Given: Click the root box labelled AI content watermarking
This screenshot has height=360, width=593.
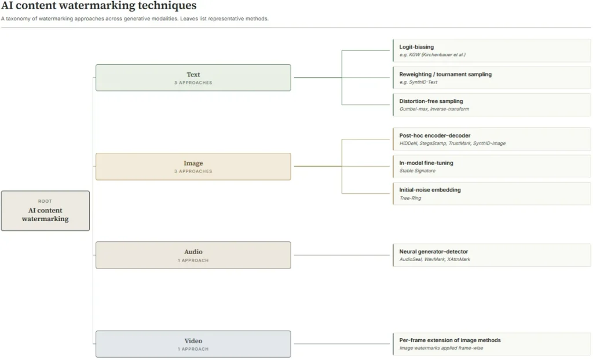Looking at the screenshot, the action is pos(45,211).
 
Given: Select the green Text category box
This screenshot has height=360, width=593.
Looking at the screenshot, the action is pos(193,78).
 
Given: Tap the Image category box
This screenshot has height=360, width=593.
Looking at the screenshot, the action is pos(193,166).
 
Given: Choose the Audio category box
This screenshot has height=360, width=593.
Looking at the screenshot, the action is pos(193,255).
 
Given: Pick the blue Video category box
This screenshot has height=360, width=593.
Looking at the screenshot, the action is pos(193,344).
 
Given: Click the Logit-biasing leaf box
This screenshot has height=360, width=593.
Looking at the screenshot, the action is pos(492,50).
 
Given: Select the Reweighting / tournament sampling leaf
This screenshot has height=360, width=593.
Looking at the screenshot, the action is pos(492,78).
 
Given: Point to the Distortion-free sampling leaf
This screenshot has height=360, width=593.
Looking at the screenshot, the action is pos(492,105).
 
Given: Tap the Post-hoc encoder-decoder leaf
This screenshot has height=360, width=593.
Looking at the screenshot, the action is pos(492,139).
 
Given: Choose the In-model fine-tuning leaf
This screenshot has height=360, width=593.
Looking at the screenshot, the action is pos(492,166).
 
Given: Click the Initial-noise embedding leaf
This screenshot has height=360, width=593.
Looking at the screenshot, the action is pos(492,194).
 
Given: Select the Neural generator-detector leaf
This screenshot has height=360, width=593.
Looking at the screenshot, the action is pos(492,255).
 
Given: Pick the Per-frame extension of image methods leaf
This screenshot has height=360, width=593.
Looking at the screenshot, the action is pos(492,344).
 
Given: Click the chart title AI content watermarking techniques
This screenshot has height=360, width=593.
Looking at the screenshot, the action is pos(98,6).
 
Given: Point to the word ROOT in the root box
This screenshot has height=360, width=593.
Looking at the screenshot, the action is pos(45,201).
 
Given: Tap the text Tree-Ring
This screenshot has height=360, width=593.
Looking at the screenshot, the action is pos(411,198).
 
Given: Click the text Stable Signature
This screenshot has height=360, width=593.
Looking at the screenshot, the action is pos(418,171).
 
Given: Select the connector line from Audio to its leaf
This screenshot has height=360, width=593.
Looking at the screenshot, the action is pos(342,255).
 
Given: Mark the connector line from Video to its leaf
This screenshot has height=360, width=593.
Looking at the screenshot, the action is pos(342,344).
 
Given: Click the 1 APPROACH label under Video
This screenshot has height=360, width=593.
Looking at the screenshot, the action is pos(193,349).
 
